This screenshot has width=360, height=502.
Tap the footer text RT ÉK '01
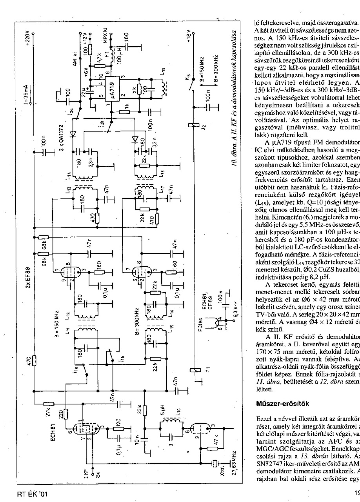click(31, 493)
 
